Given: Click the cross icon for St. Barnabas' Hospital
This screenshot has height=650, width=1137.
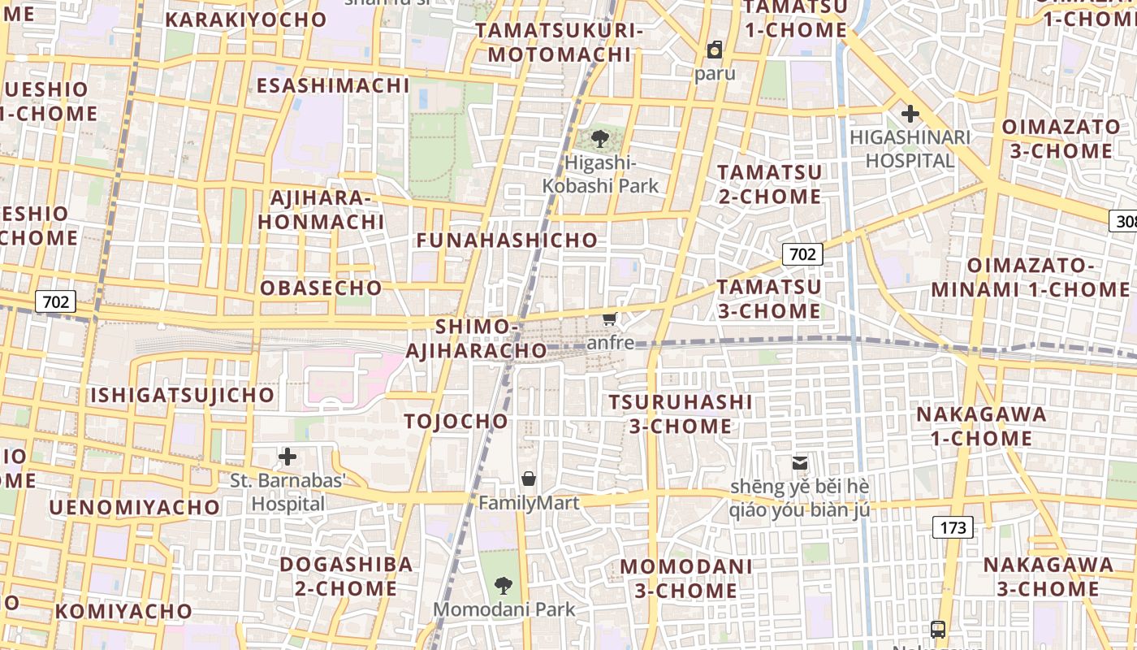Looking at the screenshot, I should tap(287, 457).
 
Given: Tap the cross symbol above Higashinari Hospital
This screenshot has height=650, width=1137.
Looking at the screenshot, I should tap(910, 114).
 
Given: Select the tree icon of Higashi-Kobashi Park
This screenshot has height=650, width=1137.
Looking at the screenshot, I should tap(600, 139).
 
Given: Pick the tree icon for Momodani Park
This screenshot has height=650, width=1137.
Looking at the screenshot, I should tap(504, 585).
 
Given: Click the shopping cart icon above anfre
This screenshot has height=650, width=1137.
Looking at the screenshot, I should tap(610, 319).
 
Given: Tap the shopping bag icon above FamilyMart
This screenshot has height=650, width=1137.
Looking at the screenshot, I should tap(529, 479).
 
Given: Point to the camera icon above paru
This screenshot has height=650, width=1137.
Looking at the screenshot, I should tap(715, 50).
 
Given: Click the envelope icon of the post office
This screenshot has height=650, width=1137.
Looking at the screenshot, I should tap(800, 463).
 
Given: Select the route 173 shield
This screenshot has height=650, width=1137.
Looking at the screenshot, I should tap(953, 527).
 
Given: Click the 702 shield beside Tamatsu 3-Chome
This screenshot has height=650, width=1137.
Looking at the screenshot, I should tap(802, 254).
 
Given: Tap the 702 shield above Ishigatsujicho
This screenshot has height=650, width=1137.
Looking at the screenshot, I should tap(56, 302).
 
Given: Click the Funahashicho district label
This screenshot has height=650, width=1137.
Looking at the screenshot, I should tap(507, 240).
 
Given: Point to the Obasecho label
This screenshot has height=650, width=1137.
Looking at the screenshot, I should tap(321, 288).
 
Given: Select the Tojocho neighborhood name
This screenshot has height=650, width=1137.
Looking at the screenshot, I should tap(456, 421).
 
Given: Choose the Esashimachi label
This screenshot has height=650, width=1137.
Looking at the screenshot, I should tap(333, 85).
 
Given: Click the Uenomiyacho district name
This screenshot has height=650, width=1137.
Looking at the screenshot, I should tap(135, 508).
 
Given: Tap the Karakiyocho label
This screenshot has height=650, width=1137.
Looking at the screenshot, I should tap(246, 19).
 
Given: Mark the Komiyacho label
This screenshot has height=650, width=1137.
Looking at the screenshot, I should tap(123, 611).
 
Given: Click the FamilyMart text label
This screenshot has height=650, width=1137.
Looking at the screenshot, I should tap(529, 503).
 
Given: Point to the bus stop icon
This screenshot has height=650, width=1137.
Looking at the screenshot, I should tap(938, 629).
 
